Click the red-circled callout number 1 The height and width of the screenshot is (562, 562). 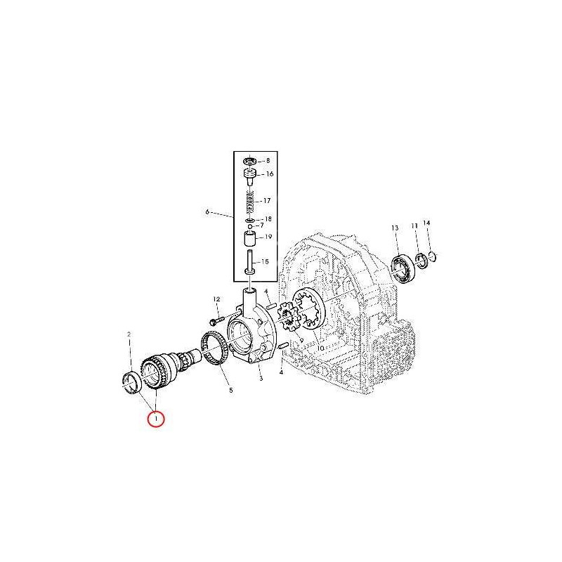point(156,419)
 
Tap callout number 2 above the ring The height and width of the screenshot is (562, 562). point(129,334)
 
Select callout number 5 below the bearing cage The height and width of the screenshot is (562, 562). point(231,390)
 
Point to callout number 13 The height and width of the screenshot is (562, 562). point(395,228)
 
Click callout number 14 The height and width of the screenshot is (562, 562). point(426,223)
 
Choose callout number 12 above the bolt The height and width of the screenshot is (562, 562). point(216,299)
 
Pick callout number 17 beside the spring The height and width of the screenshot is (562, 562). point(267,201)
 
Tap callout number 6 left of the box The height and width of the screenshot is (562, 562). point(207,212)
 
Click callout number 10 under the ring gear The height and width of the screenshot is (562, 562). point(320,348)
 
